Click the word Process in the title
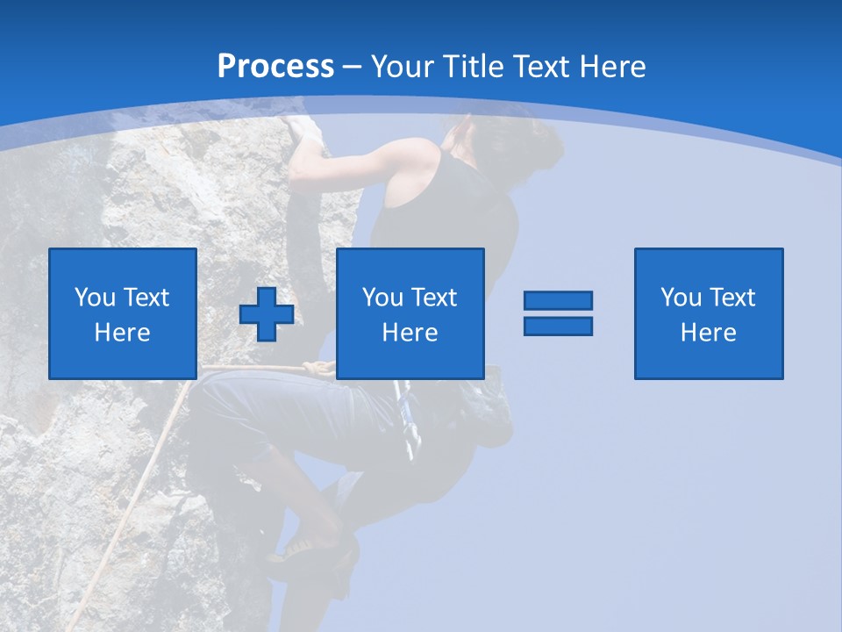click(275, 67)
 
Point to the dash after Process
click(353, 67)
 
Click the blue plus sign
click(267, 313)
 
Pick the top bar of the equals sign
click(558, 301)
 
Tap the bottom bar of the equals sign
click(558, 326)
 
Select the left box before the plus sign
click(123, 313)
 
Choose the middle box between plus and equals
click(410, 313)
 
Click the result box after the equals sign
click(709, 313)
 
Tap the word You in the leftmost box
click(94, 298)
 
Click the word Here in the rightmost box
click(709, 333)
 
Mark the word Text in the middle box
click(433, 298)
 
